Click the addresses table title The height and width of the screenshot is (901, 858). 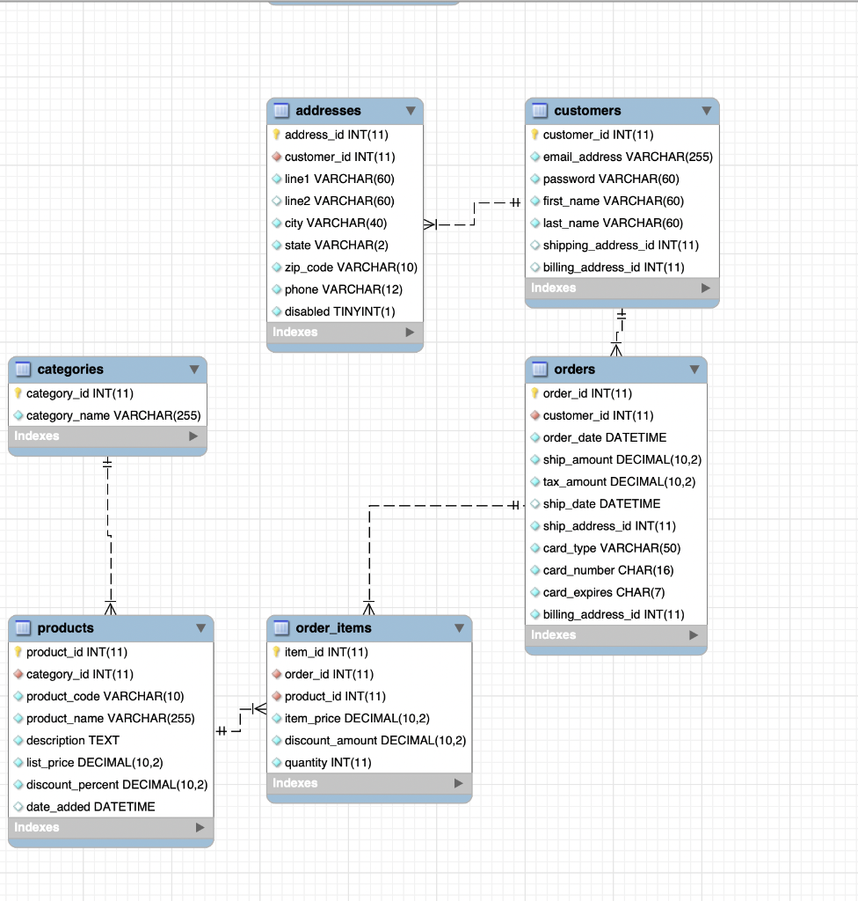tap(328, 111)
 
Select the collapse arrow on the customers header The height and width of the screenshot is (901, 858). tap(707, 111)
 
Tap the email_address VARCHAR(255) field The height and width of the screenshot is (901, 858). tap(627, 157)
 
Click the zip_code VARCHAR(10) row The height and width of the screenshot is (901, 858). tap(351, 267)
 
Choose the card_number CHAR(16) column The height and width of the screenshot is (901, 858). tap(607, 570)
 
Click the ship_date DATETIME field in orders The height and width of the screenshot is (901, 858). tap(601, 504)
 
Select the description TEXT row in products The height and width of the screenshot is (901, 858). tap(72, 740)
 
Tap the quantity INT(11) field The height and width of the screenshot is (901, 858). tap(327, 762)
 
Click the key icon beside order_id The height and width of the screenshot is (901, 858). tap(534, 393)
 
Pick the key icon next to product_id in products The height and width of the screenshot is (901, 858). tap(18, 652)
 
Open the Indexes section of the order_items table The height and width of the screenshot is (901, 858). tap(368, 783)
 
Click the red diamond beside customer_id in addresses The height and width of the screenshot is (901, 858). tap(276, 157)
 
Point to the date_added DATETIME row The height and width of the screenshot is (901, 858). tap(90, 806)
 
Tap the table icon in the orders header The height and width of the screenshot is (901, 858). tap(540, 370)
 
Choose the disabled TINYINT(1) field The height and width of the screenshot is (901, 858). tap(339, 311)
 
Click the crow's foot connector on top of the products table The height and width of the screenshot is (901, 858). tap(111, 606)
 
